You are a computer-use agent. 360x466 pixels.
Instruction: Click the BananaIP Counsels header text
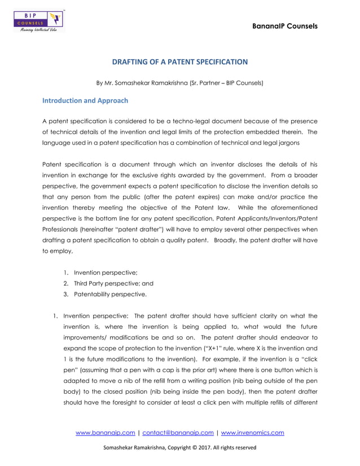pyautogui.click(x=286, y=26)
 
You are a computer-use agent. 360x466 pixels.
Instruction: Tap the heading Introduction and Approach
pyautogui.click(x=85, y=101)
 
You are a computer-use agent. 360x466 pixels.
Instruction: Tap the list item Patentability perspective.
pyautogui.click(x=106, y=294)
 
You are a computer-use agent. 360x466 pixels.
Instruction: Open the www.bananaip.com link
pyautogui.click(x=106, y=433)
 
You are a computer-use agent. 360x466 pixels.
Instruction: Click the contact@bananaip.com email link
pyautogui.click(x=178, y=433)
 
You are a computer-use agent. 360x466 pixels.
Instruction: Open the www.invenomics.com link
pyautogui.click(x=252, y=433)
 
